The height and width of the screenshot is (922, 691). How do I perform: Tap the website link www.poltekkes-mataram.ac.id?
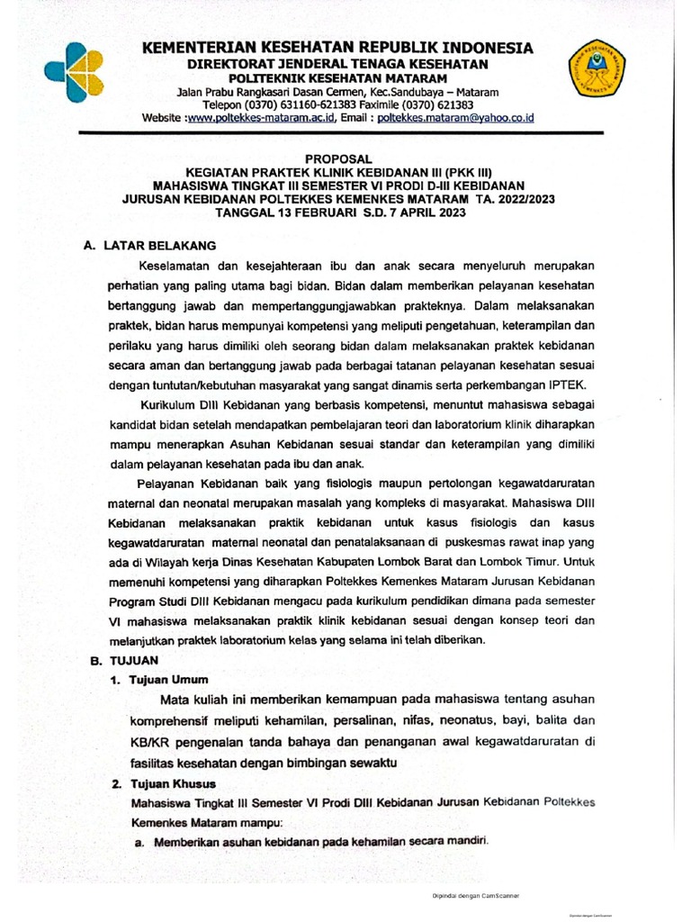tap(260, 117)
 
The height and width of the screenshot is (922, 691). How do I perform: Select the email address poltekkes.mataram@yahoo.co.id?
tap(456, 117)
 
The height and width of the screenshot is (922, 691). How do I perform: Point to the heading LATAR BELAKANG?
tap(161, 245)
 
